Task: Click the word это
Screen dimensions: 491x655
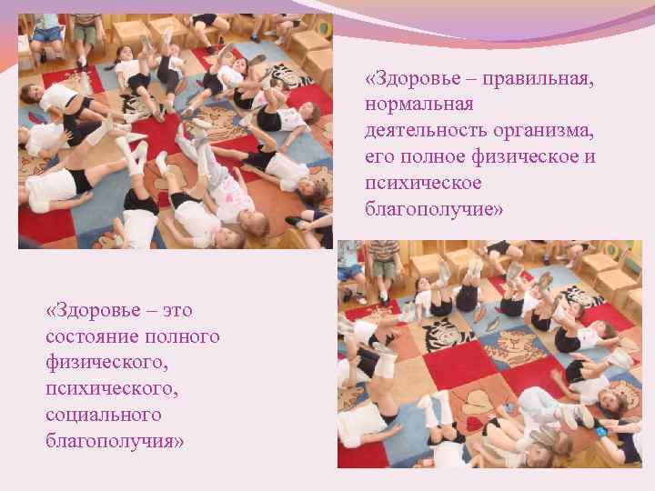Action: click(173, 311)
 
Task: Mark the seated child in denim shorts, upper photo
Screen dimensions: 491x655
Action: click(47, 32)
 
